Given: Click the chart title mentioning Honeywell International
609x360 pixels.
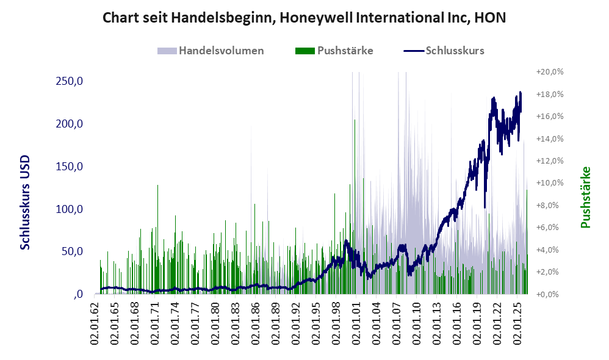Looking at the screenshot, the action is click(x=304, y=18).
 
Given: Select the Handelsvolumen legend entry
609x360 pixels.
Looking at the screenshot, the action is click(x=211, y=51).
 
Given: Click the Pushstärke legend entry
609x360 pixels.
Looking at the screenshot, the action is click(x=334, y=51).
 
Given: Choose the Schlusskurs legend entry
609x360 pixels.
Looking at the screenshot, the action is click(x=444, y=51).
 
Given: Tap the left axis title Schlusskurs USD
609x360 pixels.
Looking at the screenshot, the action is click(x=25, y=203).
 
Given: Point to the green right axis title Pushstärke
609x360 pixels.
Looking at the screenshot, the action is click(x=585, y=197).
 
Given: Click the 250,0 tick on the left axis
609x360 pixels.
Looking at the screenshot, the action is click(x=70, y=81).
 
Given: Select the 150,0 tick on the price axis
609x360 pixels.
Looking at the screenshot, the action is click(x=70, y=166).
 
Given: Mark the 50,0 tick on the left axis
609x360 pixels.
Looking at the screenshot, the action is click(x=72, y=251).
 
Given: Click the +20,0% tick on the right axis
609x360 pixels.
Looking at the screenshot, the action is click(x=550, y=72).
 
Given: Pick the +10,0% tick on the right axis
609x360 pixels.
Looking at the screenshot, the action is click(x=550, y=183).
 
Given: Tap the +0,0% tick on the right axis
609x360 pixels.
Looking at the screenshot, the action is click(x=550, y=294).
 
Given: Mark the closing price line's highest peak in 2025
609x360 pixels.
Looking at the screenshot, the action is click(x=521, y=92).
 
